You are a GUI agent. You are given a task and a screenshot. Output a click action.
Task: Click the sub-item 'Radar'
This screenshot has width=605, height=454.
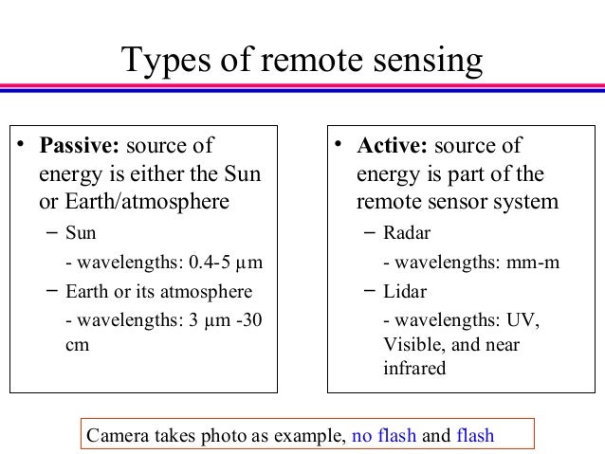(409, 233)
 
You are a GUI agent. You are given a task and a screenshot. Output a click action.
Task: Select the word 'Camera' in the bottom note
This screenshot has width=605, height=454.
(118, 437)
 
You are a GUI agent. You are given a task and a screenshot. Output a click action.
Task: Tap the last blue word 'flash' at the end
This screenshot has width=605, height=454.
(476, 437)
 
